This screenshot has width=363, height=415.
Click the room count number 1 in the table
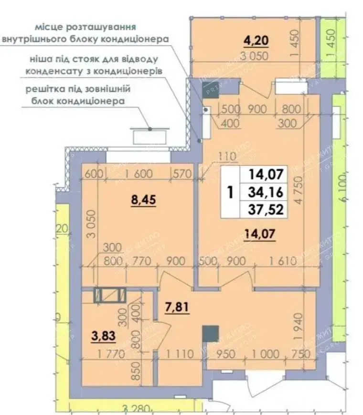[231, 192]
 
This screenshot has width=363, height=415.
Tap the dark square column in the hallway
[210, 333]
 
